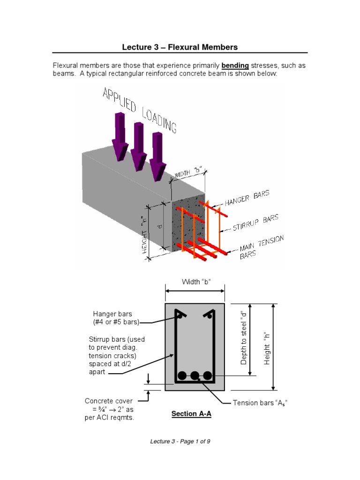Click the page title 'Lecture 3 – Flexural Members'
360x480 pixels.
[180, 47]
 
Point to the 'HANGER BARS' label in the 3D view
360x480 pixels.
[247, 199]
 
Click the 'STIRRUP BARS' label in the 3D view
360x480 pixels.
[256, 222]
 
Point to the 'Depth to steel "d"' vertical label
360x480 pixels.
[243, 337]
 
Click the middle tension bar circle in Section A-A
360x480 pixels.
[195, 375]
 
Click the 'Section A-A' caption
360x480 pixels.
[191, 414]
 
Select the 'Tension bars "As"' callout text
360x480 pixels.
[260, 403]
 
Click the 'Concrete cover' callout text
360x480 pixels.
[109, 401]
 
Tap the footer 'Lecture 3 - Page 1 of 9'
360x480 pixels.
[180, 442]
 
